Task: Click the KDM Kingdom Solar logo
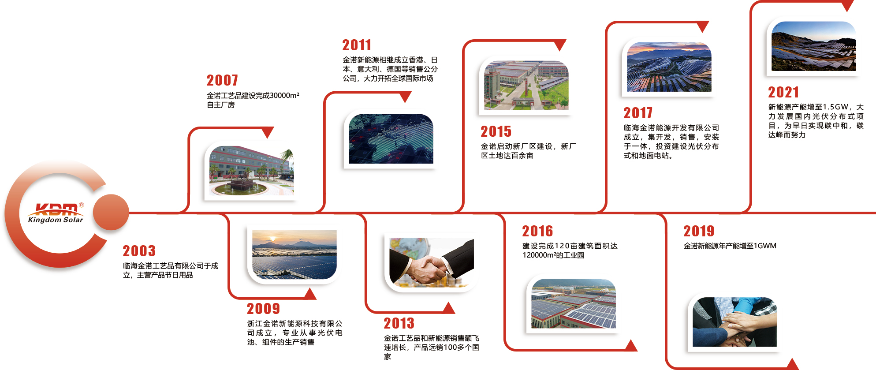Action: pyautogui.click(x=56, y=213)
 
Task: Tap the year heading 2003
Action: pyautogui.click(x=139, y=251)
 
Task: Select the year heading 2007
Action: pyautogui.click(x=223, y=80)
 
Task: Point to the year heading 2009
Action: pyautogui.click(x=264, y=309)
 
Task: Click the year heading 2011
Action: pyautogui.click(x=357, y=45)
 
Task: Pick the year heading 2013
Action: pyautogui.click(x=399, y=323)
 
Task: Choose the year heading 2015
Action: pyautogui.click(x=496, y=131)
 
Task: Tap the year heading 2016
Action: pyautogui.click(x=538, y=231)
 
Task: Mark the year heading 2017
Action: pyautogui.click(x=638, y=113)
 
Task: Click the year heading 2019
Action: pyautogui.click(x=699, y=231)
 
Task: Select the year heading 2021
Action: pyautogui.click(x=783, y=92)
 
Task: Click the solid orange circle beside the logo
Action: pyautogui.click(x=111, y=212)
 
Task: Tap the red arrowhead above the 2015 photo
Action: pyautogui.click(x=560, y=45)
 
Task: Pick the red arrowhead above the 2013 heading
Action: pyautogui.click(x=449, y=308)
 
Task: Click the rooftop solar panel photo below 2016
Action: pyautogui.click(x=574, y=303)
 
